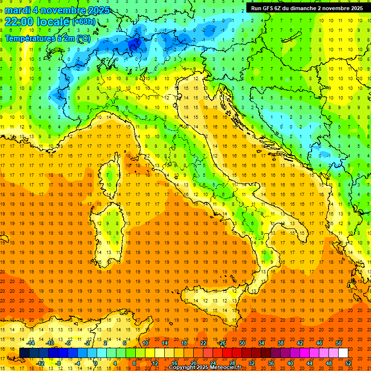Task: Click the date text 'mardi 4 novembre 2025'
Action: [57, 10]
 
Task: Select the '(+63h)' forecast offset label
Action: [84, 22]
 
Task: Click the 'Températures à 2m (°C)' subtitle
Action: [47, 38]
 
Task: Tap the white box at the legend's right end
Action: [343, 353]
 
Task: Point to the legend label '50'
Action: [339, 342]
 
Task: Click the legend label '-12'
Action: [41, 363]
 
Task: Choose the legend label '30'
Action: [242, 342]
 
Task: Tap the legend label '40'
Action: [291, 363]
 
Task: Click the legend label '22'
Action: [203, 342]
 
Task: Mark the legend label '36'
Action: [271, 363]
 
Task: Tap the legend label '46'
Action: [319, 342]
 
